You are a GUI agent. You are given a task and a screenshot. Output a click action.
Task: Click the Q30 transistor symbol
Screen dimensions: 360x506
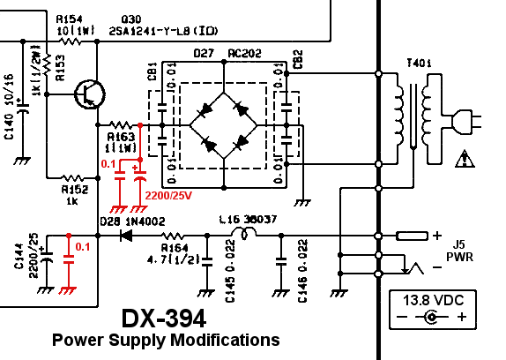pos(88,94)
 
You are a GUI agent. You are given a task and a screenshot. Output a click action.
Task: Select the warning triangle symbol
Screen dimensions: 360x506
pos(463,159)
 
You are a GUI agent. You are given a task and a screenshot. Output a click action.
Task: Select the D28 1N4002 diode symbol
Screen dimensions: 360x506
pos(126,236)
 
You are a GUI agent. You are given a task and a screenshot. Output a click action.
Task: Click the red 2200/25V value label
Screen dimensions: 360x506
pos(169,194)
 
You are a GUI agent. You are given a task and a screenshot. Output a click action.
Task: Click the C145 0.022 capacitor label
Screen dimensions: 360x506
pos(230,281)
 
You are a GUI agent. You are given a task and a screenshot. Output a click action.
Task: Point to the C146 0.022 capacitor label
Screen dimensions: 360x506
pos(302,281)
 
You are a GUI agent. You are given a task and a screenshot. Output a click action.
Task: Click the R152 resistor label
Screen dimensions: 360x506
pos(73,194)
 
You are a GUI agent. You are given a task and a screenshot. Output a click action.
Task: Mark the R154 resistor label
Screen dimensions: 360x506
pos(69,18)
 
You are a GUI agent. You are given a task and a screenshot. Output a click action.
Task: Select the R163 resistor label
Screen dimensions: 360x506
pos(121,142)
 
